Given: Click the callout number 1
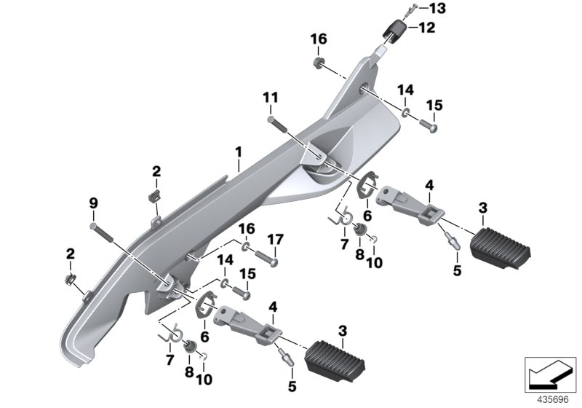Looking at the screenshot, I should pyautogui.click(x=238, y=152).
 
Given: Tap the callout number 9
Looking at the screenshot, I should pyautogui.click(x=92, y=202).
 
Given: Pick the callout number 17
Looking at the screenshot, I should pyautogui.click(x=276, y=238).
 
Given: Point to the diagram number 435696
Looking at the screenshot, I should pyautogui.click(x=550, y=399).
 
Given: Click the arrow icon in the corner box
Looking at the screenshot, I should pyautogui.click(x=549, y=376).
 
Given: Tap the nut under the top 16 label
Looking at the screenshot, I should pyautogui.click(x=319, y=60).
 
